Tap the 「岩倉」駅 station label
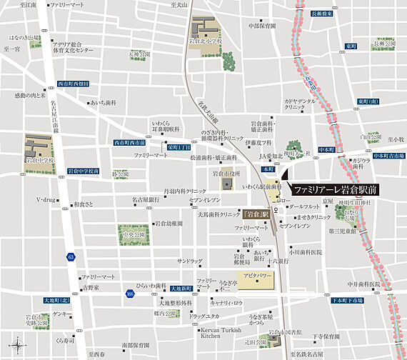254,214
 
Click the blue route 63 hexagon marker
70,256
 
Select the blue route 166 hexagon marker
129,293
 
